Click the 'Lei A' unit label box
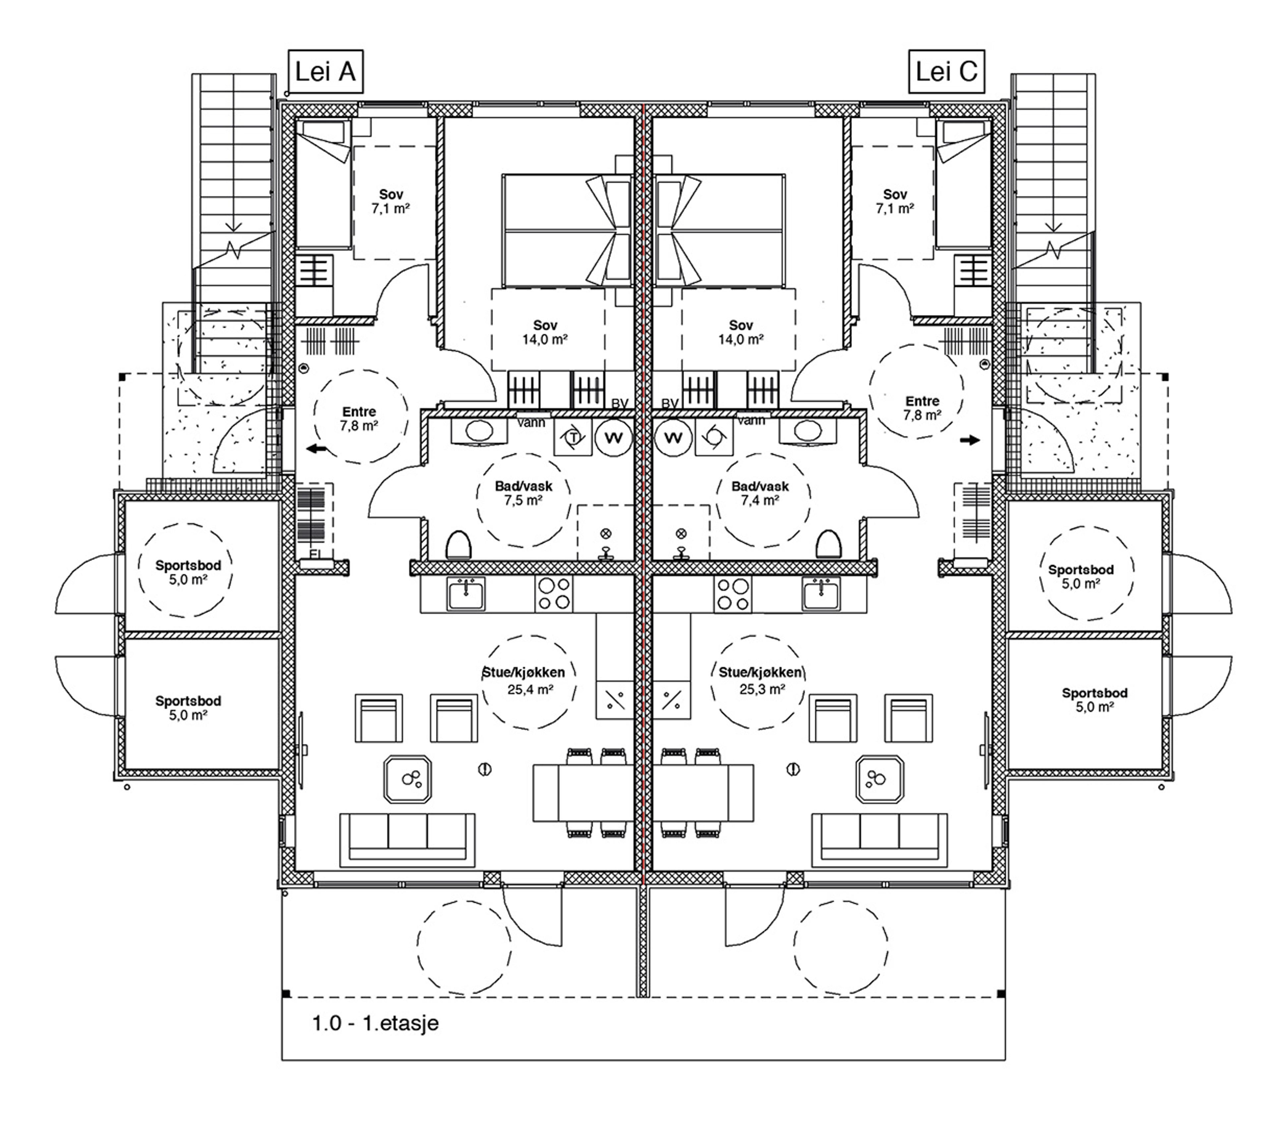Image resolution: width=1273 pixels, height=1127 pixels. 325,72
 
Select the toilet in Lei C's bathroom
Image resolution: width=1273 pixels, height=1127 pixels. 828,544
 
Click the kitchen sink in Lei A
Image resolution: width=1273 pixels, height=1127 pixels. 465,594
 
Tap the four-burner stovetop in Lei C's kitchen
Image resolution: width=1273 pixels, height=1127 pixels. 733,594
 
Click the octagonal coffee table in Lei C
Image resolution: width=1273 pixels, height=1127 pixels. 879,780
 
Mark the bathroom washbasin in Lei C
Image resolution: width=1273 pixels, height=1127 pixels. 808,431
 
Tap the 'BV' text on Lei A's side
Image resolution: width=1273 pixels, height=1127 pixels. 620,404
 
